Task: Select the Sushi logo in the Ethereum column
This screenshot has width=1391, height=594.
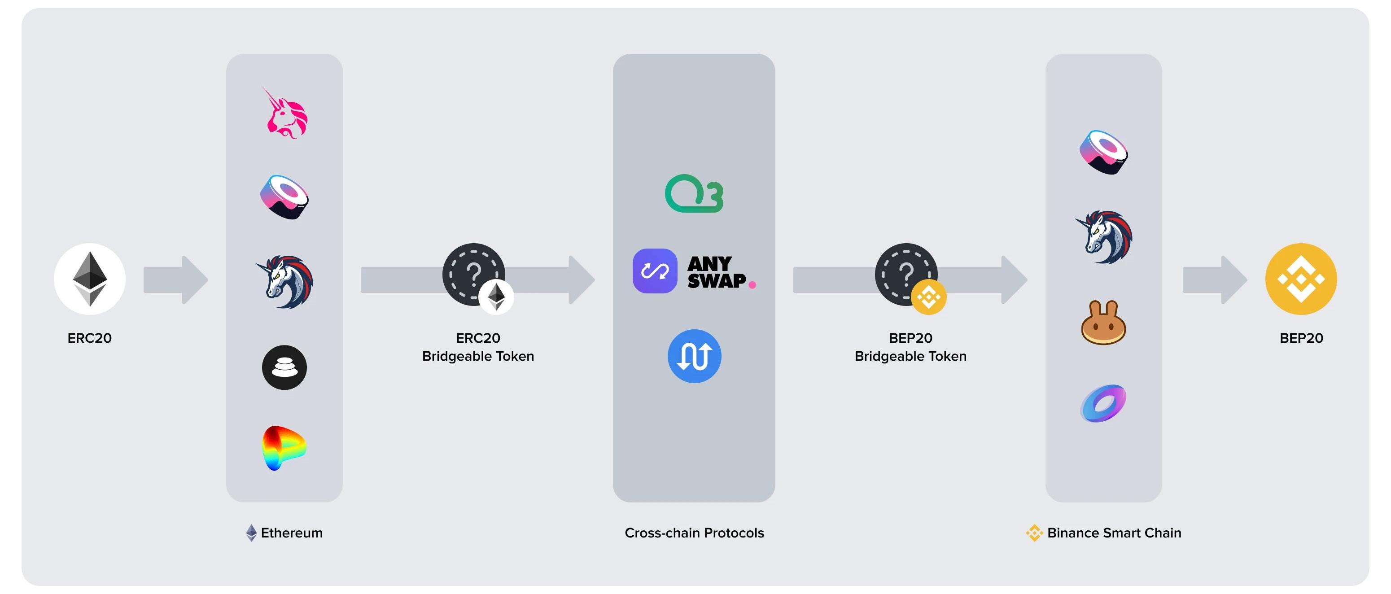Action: pos(284,197)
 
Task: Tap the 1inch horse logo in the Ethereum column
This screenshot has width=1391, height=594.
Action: pos(285,281)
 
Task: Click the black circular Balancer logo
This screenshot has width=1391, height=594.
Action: pos(284,367)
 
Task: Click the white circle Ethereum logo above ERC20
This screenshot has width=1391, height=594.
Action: pos(90,279)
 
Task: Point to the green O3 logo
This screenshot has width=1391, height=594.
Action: pos(694,193)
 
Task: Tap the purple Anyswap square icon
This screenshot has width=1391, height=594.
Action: pos(655,271)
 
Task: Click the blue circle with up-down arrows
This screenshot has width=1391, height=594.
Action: pos(695,356)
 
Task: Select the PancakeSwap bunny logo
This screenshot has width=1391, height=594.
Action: pos(1103,323)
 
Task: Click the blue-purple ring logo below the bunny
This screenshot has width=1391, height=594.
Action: pos(1103,403)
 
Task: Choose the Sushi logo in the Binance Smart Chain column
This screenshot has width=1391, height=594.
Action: pos(1103,152)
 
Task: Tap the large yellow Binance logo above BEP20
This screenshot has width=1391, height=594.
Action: pos(1301,279)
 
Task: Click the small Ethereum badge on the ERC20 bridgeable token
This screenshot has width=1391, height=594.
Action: pos(496,297)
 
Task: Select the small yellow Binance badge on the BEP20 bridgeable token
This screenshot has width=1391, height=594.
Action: pos(929,297)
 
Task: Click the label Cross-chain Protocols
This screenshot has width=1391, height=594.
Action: pos(694,533)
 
